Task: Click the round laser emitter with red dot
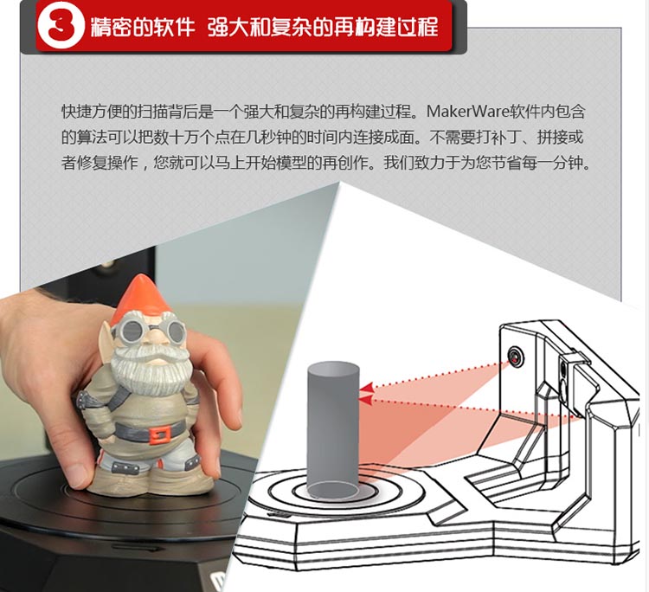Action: coord(515,355)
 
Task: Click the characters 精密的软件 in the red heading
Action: coord(142,27)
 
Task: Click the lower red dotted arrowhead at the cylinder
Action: coord(364,400)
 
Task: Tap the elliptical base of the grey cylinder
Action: coord(333,490)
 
